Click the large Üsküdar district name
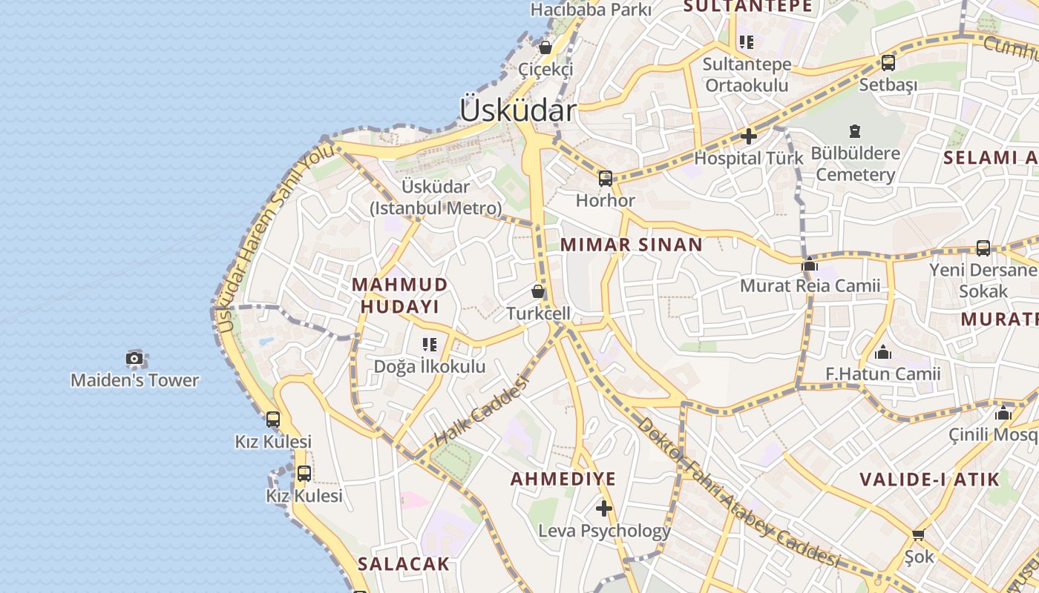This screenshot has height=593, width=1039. coord(517,110)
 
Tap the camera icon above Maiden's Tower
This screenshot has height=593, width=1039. coord(134,359)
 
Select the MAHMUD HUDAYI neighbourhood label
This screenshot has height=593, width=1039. coord(400,295)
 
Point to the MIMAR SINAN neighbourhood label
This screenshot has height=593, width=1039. coord(632,245)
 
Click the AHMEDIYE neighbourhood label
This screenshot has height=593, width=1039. coord(563,479)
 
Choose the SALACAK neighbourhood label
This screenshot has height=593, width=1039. coord(404,563)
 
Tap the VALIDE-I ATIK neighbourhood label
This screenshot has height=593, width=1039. coord(930,479)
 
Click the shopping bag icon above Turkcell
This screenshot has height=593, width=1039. coord(538,291)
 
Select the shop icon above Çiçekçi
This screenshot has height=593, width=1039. coord(545,47)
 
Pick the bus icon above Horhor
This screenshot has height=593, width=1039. coord(606,178)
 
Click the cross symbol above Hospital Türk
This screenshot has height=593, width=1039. coord(748,136)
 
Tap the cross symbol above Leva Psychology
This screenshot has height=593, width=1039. coord(604,508)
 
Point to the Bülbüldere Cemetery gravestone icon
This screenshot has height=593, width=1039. coord(855,131)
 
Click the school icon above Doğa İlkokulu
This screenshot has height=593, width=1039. coord(430,344)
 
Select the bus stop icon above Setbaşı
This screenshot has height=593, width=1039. coord(888,63)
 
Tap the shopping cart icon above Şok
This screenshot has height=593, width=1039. coord(919,534)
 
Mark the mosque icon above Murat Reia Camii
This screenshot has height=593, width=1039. coord(810,264)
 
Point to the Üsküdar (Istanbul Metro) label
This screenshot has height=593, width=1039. coord(436,197)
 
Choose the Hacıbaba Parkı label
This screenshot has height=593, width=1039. coord(591,10)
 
